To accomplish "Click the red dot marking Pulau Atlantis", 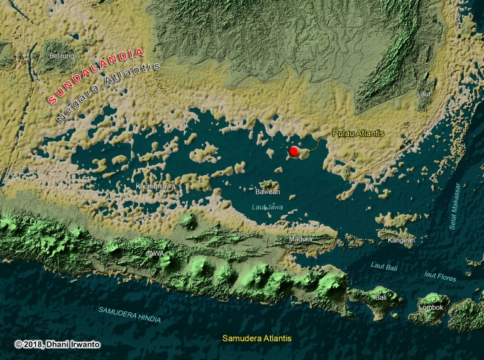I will coord(294,151).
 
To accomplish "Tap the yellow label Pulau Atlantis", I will coord(358,133).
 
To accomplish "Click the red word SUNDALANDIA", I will coord(96,75).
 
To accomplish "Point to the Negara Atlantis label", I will coord(108,92).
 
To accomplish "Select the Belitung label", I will coord(62,55).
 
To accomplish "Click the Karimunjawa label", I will coord(155,187).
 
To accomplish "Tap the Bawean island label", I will coord(268,192).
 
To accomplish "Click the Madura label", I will coord(300,239).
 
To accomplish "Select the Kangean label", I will coord(402,239).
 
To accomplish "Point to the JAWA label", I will coord(155,254).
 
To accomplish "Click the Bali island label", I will coord(381,297).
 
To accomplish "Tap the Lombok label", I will coord(431,307).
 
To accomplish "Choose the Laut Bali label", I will coord(384,266).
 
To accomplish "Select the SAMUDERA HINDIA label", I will coord(129,315).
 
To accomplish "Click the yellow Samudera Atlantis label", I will coord(257,338).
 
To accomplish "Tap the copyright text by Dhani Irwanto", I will coord(57,344).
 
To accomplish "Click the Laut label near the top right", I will coord(424,94).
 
